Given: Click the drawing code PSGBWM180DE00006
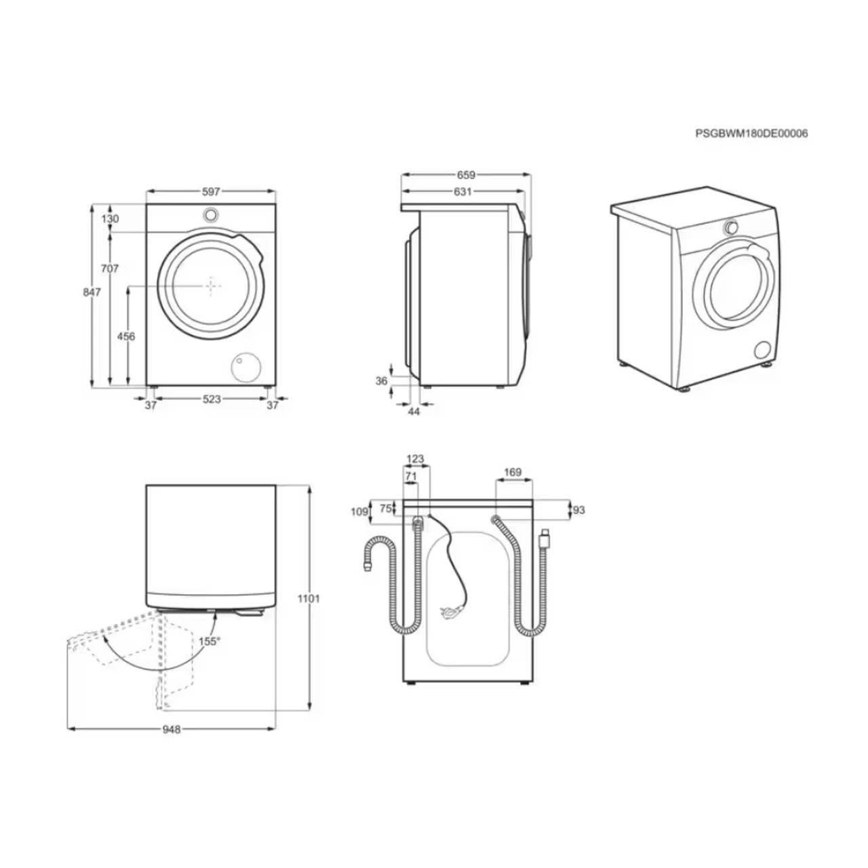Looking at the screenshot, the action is [x=751, y=134].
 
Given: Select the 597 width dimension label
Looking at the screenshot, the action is [x=211, y=192].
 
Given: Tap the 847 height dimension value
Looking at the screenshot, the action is [x=92, y=292].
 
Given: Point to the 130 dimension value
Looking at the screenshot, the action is [x=110, y=219].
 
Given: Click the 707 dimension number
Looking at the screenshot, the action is [x=109, y=269].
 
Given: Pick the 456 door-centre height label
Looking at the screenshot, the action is [x=126, y=336].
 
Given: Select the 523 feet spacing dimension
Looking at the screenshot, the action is [x=212, y=399].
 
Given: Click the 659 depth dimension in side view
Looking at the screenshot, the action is [x=466, y=175].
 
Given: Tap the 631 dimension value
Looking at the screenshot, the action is [x=462, y=192].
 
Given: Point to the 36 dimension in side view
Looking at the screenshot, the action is [x=382, y=381].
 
